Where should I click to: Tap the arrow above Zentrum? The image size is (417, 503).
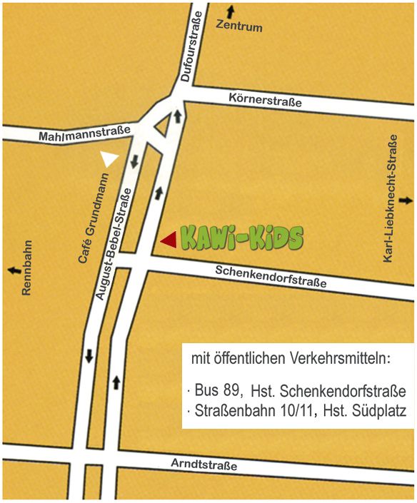tap(230, 11)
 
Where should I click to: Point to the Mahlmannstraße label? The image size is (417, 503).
tap(84, 133)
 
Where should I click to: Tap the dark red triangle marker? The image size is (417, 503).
tap(169, 240)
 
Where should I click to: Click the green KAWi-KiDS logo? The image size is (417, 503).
tap(241, 238)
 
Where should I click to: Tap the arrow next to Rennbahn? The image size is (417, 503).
tap(13, 270)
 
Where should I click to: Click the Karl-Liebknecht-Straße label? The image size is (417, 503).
tap(390, 197)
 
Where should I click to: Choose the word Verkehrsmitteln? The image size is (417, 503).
tap(338, 357)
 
